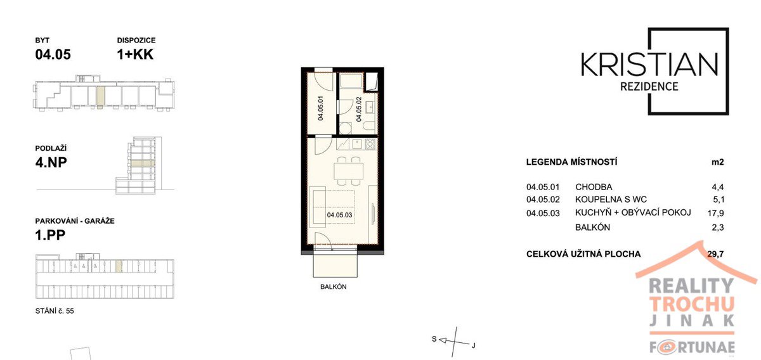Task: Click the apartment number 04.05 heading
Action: coord(53,55)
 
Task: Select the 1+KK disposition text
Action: coord(135,55)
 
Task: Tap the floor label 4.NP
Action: coord(51,162)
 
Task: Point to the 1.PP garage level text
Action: coord(50,235)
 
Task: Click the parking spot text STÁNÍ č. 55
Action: coord(55,311)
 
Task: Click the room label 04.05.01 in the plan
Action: coord(320,108)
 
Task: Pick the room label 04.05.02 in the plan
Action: coord(359,109)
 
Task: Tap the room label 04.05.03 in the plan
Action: coord(339,215)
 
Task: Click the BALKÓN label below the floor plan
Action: coord(334,286)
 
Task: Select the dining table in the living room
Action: coord(349,171)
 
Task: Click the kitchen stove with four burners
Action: coord(370,145)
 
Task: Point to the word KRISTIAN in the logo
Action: coord(649,64)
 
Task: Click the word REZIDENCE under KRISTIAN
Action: coord(649,86)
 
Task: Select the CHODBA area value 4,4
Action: coord(717,187)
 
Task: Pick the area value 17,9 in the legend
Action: coord(716,214)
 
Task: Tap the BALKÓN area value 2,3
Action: coord(717,227)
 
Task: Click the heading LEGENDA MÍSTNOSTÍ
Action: coord(571,162)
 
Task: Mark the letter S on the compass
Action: coord(434,338)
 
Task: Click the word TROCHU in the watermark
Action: coord(692,305)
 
